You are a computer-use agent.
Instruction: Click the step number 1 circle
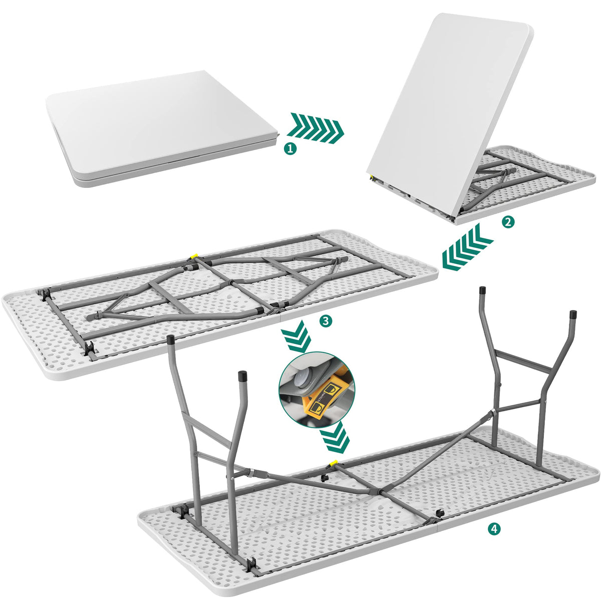[x=289, y=148]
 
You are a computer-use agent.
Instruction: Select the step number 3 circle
[x=326, y=321]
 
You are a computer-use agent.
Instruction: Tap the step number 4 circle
[x=494, y=528]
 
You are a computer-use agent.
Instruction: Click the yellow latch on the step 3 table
[x=193, y=257]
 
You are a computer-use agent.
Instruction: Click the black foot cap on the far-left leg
[x=170, y=340]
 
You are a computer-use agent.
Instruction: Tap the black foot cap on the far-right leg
[x=574, y=315]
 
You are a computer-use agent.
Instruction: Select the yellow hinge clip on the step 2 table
[x=371, y=177]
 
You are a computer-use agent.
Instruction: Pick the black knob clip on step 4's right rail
[x=441, y=513]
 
